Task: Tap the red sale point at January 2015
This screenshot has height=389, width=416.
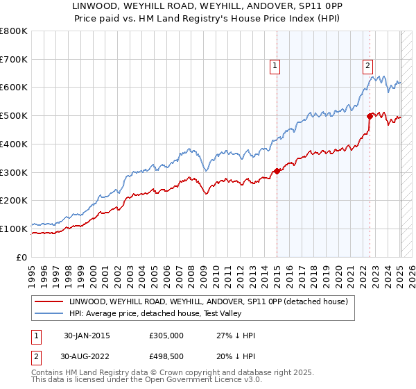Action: pos(277,171)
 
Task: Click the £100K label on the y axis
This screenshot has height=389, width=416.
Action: pos(15,229)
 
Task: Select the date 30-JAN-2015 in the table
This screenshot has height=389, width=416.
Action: pos(87,336)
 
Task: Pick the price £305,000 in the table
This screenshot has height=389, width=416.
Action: pos(166,336)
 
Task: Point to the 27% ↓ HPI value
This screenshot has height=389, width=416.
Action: pos(236,336)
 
